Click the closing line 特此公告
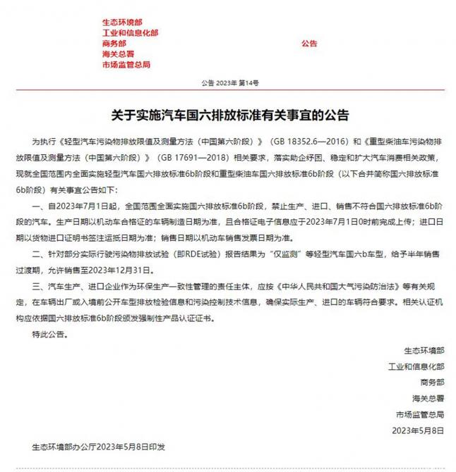(x=57, y=335)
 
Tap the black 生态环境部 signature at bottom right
(x=424, y=350)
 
